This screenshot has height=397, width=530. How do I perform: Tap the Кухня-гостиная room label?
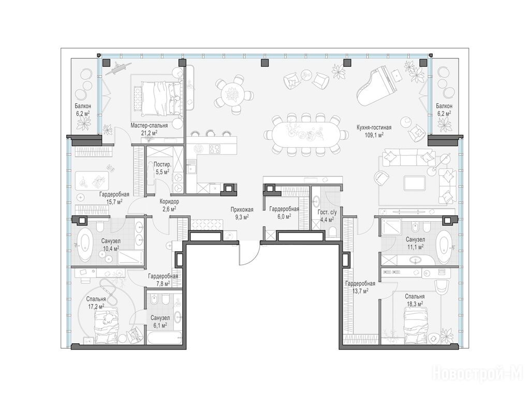pos(374,128)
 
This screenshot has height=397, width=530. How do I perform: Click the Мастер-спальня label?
pos(149,126)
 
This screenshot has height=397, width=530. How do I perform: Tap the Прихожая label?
pos(242,210)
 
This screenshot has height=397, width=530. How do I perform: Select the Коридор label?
pos(169,202)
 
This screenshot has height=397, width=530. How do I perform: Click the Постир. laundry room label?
pos(162,165)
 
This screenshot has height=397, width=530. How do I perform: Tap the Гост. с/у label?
pos(327,212)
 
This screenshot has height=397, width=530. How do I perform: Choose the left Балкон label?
pos(83,106)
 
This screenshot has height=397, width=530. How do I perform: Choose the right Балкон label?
pos(444,106)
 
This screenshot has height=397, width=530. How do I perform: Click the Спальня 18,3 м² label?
pos(415,300)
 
